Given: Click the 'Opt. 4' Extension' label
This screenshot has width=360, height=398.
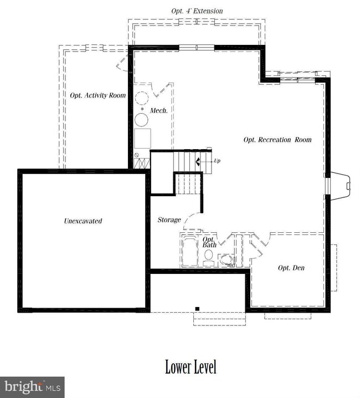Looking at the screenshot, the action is point(197,11).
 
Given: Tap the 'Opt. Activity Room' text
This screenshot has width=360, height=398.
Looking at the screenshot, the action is point(98,95).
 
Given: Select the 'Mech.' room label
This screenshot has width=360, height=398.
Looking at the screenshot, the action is point(159,110).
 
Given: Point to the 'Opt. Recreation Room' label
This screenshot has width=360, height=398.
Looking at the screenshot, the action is point(277,140).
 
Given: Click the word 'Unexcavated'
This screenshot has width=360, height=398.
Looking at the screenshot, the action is point(83,221).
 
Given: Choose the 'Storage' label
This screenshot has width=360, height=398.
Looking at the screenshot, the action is point(169,220).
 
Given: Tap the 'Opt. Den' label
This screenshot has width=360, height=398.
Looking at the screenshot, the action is point(291,268).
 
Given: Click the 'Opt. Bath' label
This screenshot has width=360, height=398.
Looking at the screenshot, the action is point(209,242).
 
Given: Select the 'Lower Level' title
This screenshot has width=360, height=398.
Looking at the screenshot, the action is point(191,367).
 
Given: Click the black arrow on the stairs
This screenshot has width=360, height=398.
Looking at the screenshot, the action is point(198,161).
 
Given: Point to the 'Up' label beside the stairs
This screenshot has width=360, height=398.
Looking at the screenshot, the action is point(217,161).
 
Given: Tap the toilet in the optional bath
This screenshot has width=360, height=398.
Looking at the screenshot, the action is point(209,257).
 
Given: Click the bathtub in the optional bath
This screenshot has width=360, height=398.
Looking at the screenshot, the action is point(190,251).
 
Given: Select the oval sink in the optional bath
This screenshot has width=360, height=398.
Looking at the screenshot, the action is point(227,260).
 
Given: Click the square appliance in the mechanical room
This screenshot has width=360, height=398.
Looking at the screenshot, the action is point(142,139).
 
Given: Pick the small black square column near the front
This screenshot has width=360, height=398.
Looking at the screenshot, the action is point(197,309).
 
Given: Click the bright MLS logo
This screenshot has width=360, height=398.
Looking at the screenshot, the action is point(32,387).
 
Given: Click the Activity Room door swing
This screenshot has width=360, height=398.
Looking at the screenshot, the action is point(122,63).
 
